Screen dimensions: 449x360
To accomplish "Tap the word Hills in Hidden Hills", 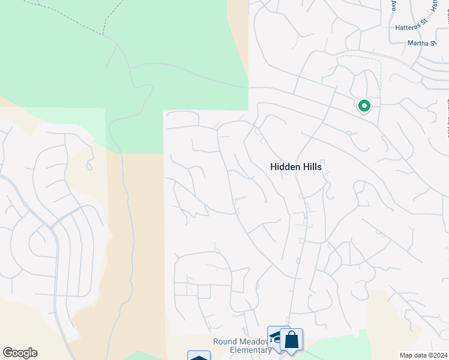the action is click(310, 167).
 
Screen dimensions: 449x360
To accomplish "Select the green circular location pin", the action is click(364, 106).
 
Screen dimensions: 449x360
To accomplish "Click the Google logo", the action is click(20, 353).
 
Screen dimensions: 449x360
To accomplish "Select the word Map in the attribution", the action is click(406, 355).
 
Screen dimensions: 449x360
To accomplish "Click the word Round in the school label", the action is click(225, 341).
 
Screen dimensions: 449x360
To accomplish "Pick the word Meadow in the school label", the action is click(254, 341).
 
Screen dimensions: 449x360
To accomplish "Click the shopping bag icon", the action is click(291, 340).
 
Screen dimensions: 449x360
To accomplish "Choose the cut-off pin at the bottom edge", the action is click(199, 356).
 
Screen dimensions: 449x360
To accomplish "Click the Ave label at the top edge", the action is click(394, 5).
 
